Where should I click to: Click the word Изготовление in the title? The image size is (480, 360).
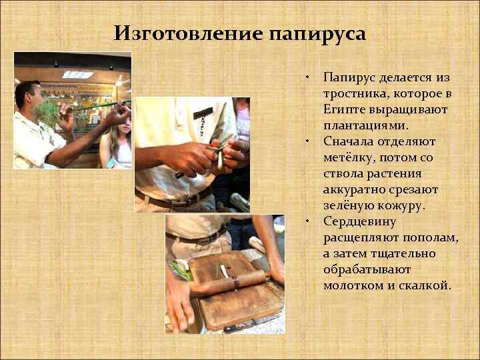point(189,33)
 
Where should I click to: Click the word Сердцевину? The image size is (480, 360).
point(360,221)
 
